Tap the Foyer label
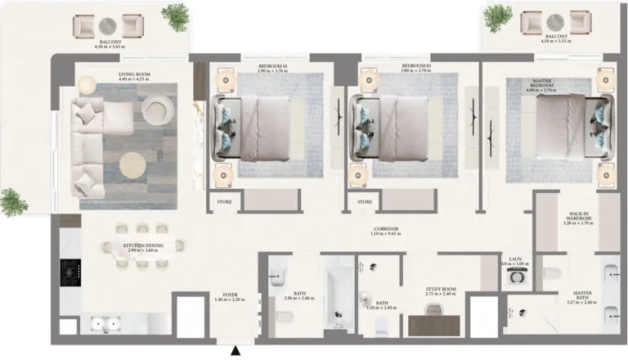(x=230, y=296)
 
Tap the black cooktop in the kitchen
(x=69, y=274)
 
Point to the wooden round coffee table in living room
(x=134, y=166)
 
